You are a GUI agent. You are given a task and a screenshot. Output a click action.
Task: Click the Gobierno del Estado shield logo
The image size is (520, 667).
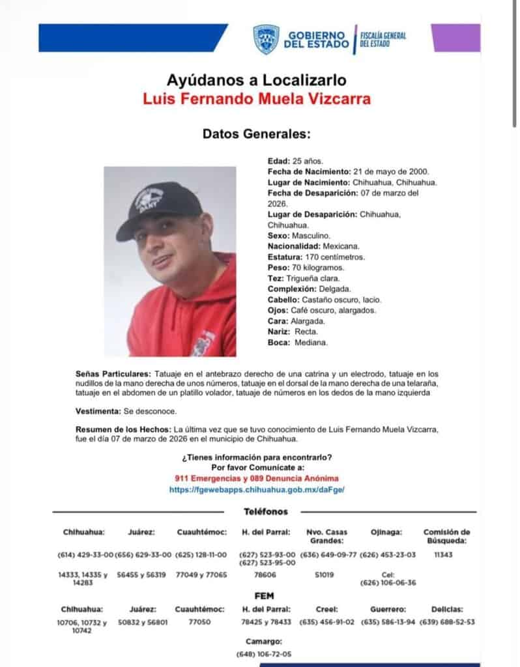(x=266, y=38)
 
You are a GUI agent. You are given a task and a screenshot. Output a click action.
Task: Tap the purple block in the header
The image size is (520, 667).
(x=455, y=38)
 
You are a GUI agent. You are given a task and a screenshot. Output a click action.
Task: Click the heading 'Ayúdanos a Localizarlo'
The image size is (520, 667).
(x=255, y=81)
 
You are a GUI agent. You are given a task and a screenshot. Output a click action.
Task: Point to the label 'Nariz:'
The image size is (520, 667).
(x=280, y=332)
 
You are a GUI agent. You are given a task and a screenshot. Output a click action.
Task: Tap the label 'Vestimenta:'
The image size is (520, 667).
(x=97, y=412)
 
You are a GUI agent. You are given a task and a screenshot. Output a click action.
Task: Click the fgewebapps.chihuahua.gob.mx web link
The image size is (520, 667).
(x=256, y=489)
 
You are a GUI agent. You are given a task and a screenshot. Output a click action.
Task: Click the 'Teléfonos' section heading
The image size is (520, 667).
(x=266, y=512)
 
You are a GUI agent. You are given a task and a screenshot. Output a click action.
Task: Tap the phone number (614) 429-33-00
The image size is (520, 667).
(x=85, y=554)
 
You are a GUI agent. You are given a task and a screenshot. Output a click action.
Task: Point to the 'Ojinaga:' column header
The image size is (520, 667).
(x=387, y=532)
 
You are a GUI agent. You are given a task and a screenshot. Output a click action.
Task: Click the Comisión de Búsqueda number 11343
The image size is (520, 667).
(x=442, y=554)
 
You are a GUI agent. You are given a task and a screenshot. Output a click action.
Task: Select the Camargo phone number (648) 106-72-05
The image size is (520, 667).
(x=264, y=653)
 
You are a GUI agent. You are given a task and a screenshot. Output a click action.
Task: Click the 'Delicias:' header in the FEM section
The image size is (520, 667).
(x=446, y=609)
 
